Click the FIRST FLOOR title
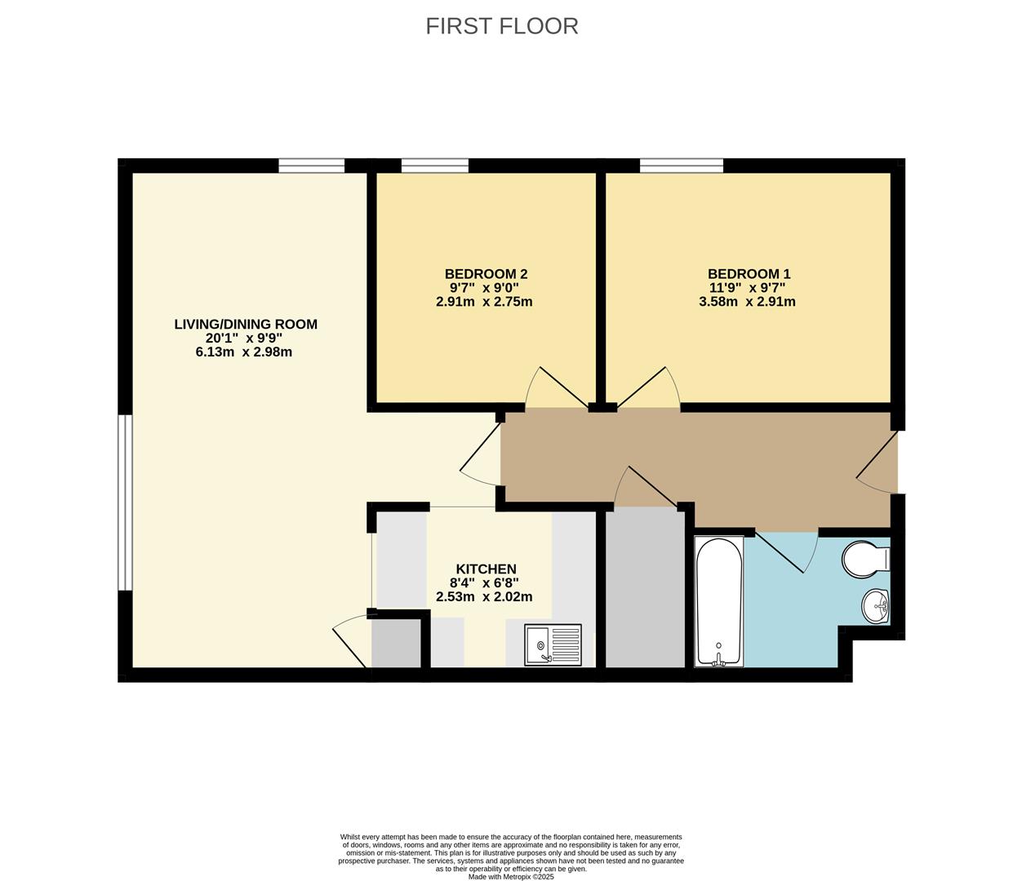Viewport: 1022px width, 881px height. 501,26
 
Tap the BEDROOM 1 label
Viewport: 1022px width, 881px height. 749,274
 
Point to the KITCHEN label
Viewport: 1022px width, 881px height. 486,569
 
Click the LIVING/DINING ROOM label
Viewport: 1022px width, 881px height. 246,325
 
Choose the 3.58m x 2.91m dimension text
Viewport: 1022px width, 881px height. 747,302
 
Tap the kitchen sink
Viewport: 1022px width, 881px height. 553,644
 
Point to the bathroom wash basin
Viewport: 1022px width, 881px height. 875,605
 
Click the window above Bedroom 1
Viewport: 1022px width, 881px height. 682,166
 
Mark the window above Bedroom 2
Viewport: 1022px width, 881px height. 435,166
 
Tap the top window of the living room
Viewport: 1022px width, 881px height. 311,166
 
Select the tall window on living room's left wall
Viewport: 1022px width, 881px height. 125,502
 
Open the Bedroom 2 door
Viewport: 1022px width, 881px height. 557,390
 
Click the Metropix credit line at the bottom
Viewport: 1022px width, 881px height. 511,877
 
